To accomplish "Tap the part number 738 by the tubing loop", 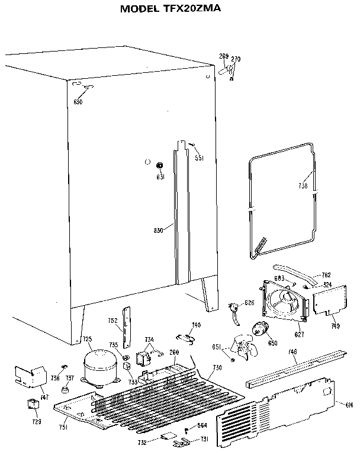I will pos(304,186).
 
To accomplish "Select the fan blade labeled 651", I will pos(244,347).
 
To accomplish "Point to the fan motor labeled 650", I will pos(260,331).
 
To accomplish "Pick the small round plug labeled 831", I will pos(159,165).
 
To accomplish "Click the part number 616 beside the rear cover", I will pos(349,404).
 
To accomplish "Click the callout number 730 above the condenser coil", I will pos(217,368).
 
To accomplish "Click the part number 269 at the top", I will pos(223,56).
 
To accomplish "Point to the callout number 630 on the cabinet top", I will pos(78,101).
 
